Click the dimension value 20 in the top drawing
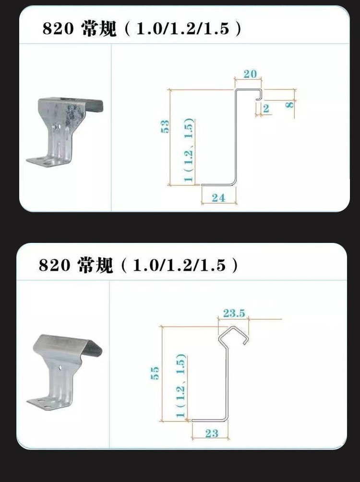[250, 74]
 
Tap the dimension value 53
[165, 126]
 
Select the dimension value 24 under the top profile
[218, 198]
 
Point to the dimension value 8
[289, 105]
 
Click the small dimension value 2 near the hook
[266, 108]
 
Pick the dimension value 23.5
[234, 313]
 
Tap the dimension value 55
[155, 373]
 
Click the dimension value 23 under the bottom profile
[212, 434]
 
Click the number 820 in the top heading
[59, 29]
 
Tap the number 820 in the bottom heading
[55, 265]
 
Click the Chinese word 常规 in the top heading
[99, 29]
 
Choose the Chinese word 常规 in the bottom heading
[96, 265]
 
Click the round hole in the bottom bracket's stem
[60, 368]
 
